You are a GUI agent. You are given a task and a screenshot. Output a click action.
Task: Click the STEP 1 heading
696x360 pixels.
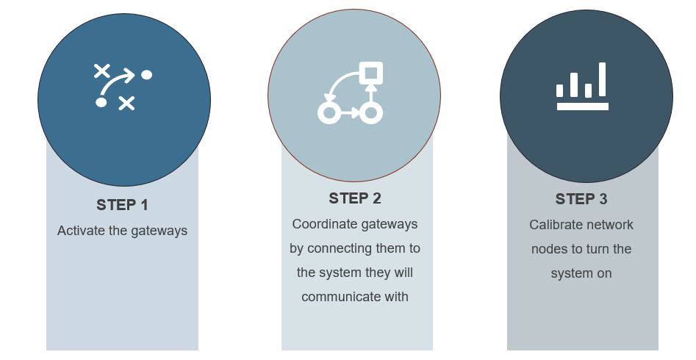point(122,205)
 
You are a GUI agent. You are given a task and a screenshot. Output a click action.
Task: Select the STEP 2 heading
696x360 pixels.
point(355,198)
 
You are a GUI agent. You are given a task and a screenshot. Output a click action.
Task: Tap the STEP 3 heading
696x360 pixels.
point(581,199)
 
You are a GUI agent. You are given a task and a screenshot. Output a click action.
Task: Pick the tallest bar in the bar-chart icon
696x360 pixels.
point(603,79)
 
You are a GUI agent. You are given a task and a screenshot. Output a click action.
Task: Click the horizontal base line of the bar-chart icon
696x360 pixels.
point(583,107)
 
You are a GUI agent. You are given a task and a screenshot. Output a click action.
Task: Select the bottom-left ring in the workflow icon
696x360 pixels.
point(329,113)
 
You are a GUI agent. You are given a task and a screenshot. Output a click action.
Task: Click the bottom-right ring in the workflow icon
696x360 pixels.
point(370,113)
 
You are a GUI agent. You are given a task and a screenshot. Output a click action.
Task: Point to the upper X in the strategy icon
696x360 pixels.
point(102,71)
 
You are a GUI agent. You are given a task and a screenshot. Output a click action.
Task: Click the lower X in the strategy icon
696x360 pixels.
point(126,103)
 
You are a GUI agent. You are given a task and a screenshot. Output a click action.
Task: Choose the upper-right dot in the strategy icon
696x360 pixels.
point(146,75)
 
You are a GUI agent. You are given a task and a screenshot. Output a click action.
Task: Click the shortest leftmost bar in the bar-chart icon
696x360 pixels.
point(560,90)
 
